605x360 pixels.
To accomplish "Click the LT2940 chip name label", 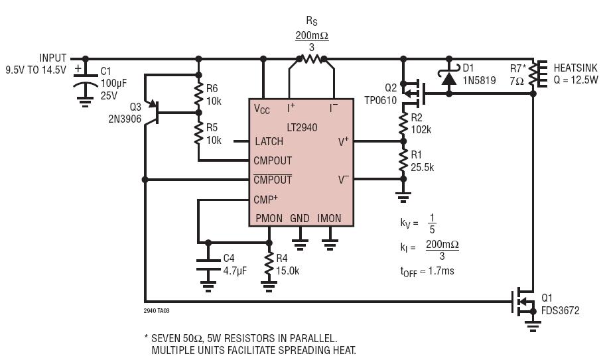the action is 302,127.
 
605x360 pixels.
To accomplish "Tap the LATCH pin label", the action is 269,141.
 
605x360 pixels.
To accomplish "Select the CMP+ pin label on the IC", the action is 265,200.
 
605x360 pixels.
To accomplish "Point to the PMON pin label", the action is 269,219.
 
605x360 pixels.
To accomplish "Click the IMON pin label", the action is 329,219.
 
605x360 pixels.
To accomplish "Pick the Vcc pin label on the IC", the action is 261,109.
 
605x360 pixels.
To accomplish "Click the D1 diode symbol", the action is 448,77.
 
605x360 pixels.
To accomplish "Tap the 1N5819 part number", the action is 479,81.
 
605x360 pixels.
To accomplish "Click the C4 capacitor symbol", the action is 208,265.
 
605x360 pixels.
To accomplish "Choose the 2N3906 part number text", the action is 125,119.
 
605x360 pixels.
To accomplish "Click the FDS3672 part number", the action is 561,311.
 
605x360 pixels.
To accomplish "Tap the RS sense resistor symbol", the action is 311,59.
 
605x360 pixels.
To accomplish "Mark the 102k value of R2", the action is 421,130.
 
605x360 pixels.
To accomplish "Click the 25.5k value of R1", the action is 422,167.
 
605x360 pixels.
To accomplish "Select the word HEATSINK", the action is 575,68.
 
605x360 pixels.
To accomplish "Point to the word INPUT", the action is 53,58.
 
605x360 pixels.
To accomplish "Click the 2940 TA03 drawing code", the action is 157,311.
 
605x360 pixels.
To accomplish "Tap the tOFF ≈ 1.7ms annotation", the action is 427,271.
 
